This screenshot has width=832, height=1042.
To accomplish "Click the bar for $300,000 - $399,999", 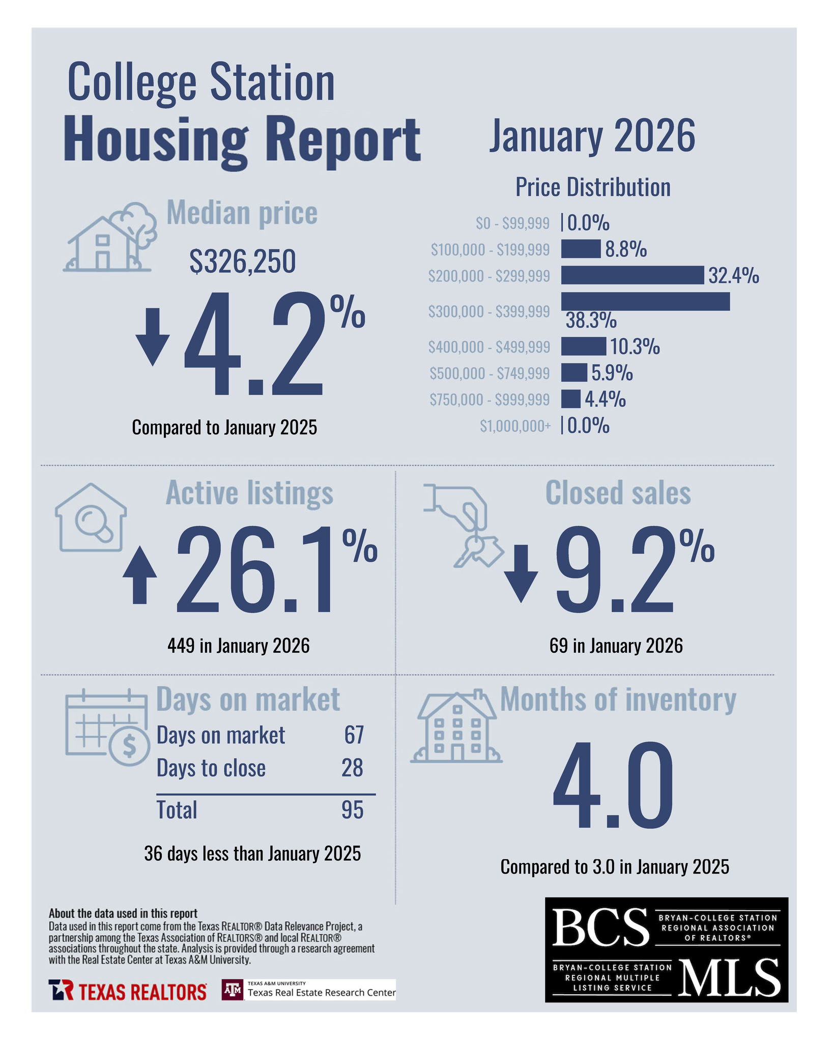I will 645,301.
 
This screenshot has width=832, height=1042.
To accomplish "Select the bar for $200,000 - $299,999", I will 632,275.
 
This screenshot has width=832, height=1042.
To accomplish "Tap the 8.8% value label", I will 625,250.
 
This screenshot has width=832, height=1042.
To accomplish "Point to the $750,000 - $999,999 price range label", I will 489,400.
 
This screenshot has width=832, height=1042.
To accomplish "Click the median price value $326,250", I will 242,262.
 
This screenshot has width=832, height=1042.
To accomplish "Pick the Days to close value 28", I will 352,768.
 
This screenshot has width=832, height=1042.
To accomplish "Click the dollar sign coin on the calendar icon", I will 129,746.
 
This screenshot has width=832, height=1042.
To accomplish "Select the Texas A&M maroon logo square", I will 233,990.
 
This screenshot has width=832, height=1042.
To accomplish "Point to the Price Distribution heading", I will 592,187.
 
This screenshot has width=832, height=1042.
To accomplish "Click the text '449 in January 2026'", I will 238,646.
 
